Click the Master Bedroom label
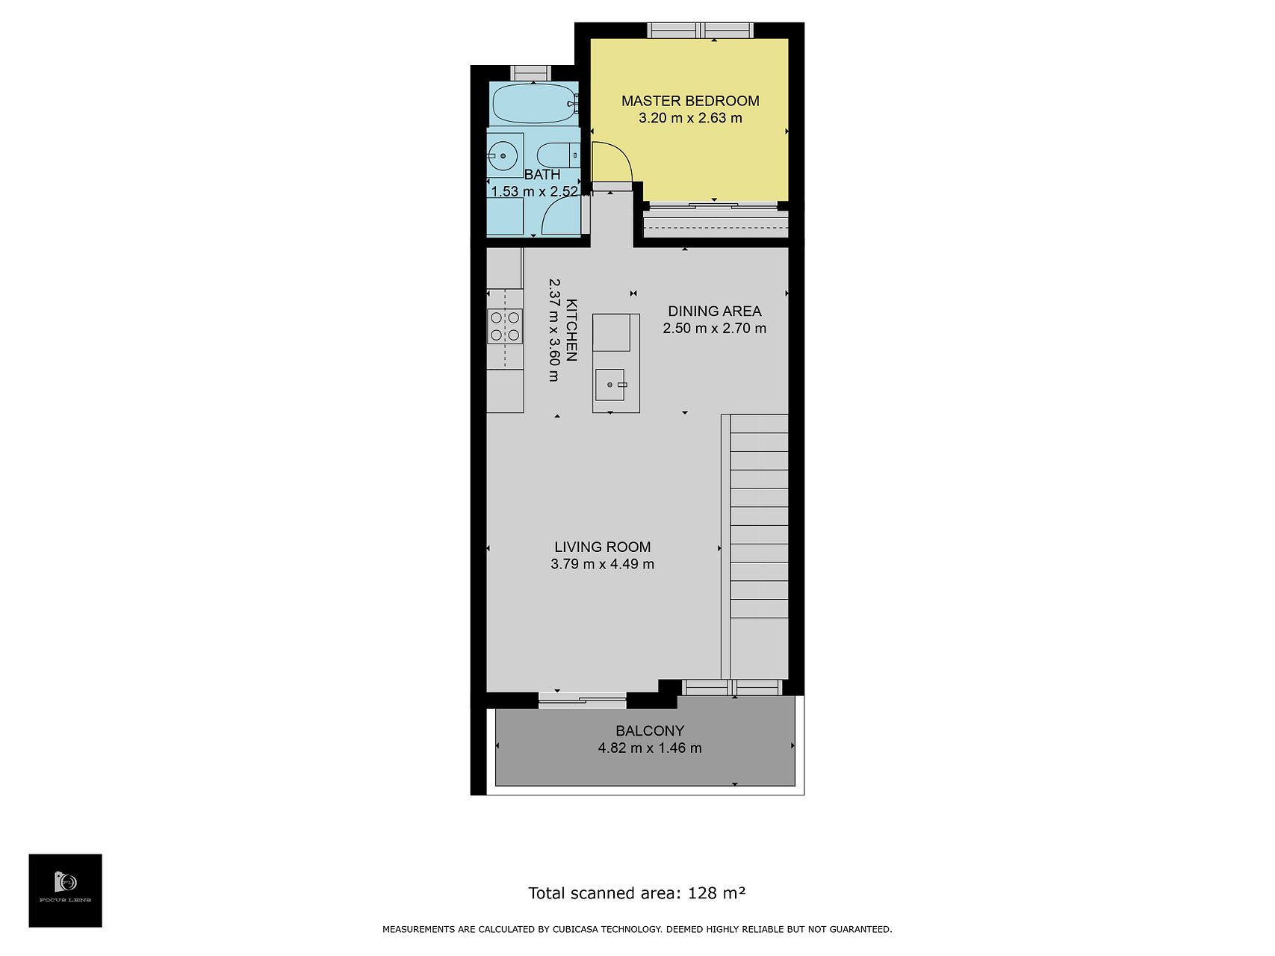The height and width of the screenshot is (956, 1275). coord(690,101)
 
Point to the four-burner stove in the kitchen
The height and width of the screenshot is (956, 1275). coord(505,326)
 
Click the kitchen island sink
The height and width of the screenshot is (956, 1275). coord(610,385)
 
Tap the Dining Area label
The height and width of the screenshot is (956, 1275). coord(715,311)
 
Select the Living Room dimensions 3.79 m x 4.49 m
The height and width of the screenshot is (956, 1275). coord(603,564)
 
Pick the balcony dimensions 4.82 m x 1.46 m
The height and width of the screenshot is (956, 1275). coord(650,748)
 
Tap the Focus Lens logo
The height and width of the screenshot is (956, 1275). coord(66,890)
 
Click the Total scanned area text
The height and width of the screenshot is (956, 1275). coord(637,893)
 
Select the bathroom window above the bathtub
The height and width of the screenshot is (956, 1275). coord(531,73)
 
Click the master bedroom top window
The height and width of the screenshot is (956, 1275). coord(700,31)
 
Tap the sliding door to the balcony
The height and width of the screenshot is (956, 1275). coord(583,700)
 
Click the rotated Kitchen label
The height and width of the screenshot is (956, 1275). coord(571,329)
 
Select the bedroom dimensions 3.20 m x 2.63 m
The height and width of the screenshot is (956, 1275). coord(691,118)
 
